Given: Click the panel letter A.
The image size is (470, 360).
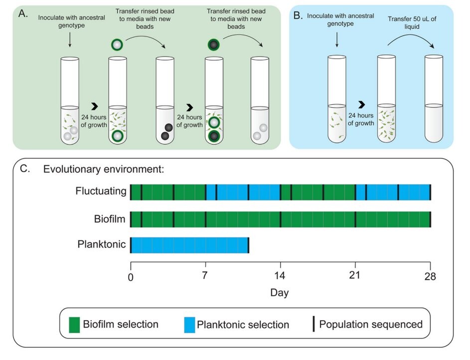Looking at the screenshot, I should click(x=22, y=13).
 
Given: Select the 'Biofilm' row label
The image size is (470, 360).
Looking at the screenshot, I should click(x=110, y=219).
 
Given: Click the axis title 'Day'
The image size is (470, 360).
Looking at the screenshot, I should click(x=280, y=293).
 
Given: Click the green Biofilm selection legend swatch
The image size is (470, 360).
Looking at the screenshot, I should click(x=74, y=325).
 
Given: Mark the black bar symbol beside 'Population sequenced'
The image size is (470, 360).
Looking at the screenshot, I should click(x=313, y=325).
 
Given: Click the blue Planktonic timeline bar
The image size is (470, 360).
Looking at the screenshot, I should click(x=189, y=245).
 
